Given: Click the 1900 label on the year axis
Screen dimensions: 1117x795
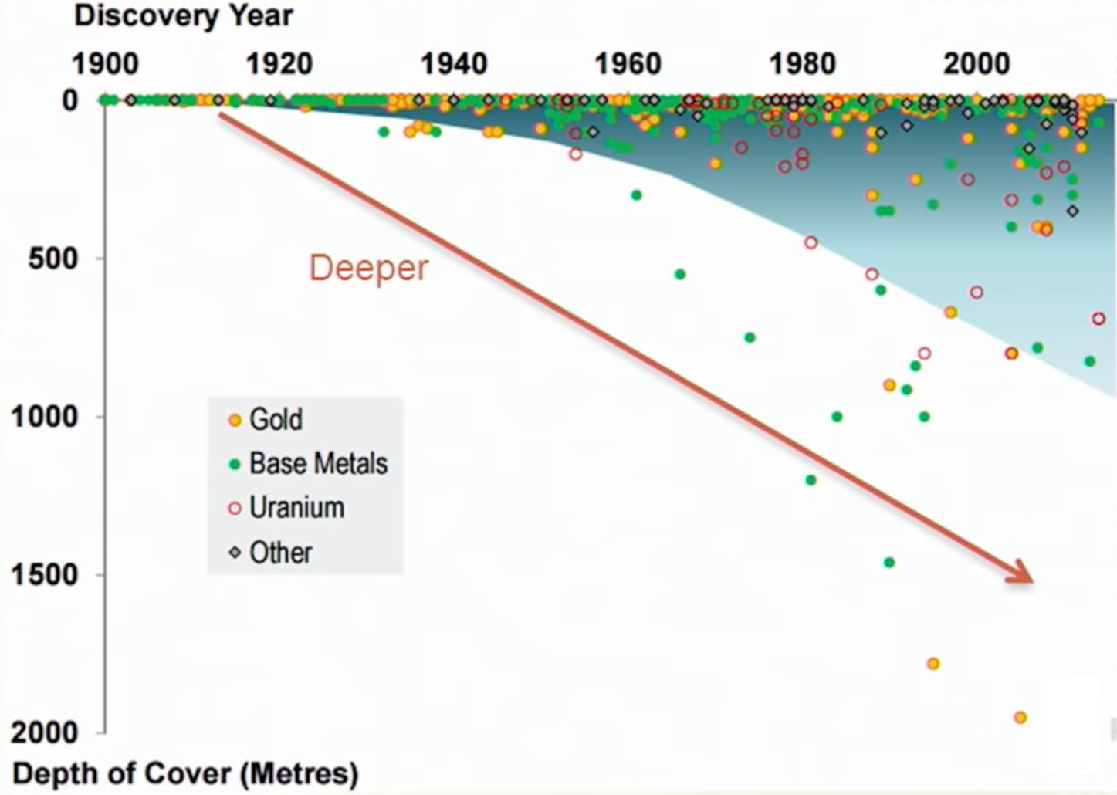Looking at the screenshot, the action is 105,64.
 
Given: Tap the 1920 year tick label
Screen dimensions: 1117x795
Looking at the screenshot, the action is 279,64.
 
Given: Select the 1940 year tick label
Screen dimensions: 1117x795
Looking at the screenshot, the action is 454,64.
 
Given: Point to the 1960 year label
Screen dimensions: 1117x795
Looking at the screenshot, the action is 628,64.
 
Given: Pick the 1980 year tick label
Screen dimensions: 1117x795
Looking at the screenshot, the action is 803,64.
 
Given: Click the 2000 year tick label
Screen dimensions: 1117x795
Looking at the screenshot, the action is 977,64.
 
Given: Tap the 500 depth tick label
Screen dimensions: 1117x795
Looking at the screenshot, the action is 53,259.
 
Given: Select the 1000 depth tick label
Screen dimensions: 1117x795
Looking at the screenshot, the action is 45,417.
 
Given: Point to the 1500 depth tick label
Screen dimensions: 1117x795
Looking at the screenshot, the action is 45,574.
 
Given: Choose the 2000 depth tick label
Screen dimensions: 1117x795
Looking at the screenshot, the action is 45,732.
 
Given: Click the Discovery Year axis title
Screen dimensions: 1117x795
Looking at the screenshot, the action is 184,17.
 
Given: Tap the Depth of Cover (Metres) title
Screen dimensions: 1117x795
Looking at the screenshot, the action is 185,773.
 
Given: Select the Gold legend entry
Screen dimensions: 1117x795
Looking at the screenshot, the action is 266,419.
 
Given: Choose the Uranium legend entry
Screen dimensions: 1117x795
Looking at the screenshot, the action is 286,508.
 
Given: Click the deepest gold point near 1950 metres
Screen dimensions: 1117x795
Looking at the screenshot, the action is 1021,718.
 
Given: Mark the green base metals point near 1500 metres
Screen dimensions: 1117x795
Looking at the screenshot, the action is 889,563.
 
